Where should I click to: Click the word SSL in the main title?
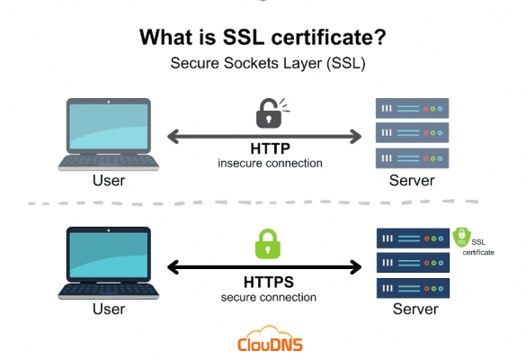tap(243, 37)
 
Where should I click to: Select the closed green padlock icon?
tap(268, 244)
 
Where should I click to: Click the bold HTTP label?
tap(270, 148)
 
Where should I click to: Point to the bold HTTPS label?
tap(268, 282)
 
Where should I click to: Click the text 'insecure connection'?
tap(270, 163)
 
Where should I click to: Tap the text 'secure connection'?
tap(268, 297)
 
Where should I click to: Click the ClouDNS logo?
tap(270, 339)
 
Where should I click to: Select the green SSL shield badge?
tap(461, 237)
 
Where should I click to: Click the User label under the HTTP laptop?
tap(109, 180)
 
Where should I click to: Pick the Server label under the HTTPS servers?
tap(415, 309)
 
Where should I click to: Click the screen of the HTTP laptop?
tap(109, 126)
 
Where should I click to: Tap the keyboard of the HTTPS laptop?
tap(109, 290)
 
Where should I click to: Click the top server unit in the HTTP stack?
tap(413, 108)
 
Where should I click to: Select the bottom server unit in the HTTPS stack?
tap(413, 288)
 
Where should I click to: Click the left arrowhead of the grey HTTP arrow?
tap(174, 137)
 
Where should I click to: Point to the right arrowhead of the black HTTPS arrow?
tap(355, 267)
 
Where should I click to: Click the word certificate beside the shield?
tap(478, 252)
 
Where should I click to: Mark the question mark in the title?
tap(379, 37)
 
